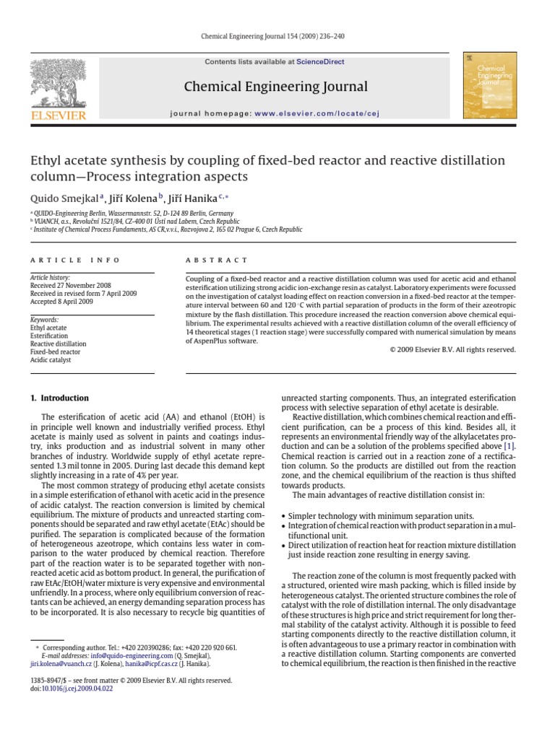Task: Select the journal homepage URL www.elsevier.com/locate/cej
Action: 317,113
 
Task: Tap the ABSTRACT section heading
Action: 217,260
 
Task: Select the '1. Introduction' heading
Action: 59,398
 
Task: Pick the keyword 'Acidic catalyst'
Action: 51,359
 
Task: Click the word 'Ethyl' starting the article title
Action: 46,160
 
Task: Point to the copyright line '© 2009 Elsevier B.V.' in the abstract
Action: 448,349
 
